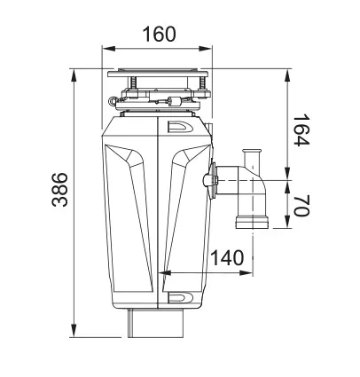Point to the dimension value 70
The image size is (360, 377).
[301, 207]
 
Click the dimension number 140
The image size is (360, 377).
[227, 258]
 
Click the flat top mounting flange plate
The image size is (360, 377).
[158, 72]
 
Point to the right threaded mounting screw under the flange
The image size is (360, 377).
[203, 87]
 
